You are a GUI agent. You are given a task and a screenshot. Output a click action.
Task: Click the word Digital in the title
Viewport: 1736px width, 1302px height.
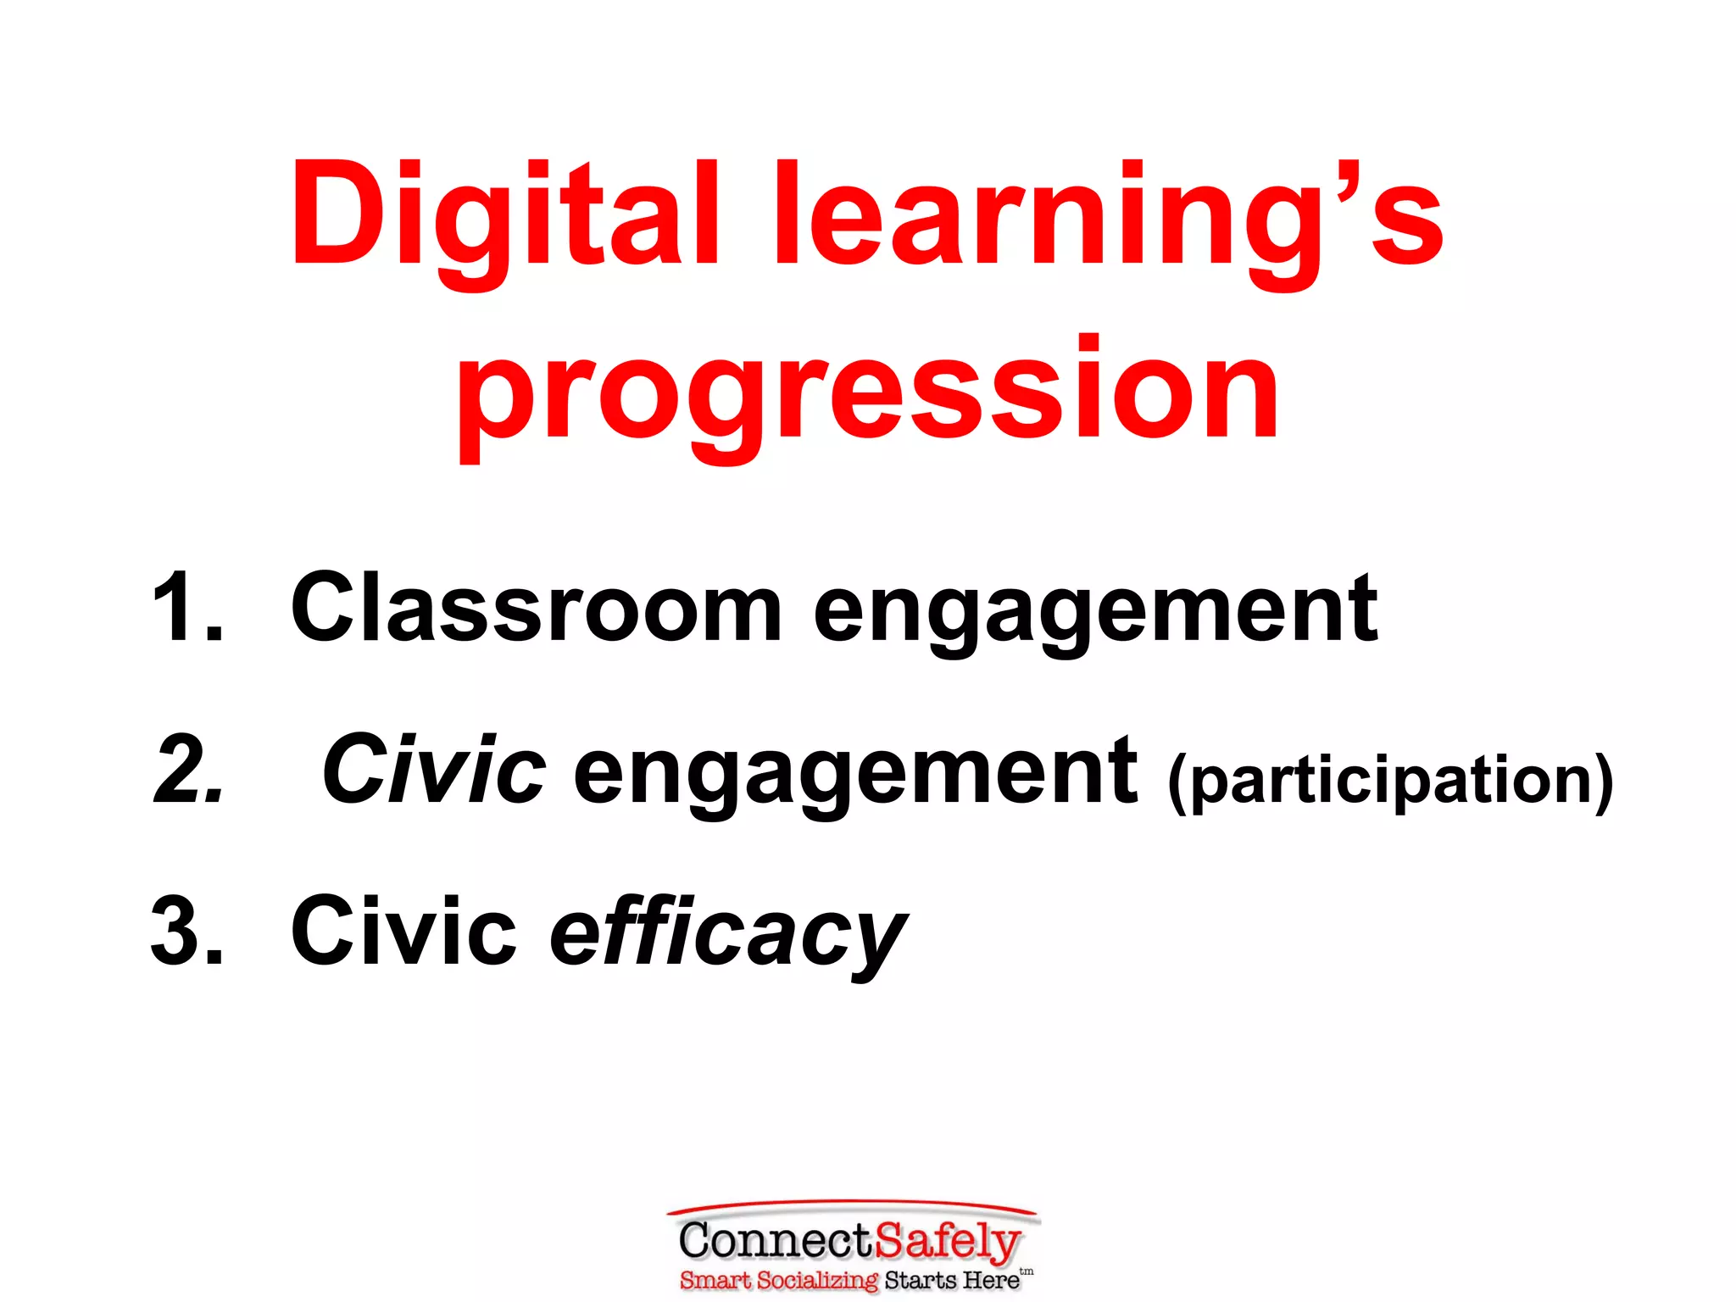(504, 216)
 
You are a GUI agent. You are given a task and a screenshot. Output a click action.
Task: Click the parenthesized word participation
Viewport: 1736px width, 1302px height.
(1390, 780)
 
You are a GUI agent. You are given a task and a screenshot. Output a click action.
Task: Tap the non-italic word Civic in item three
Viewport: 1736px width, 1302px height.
(403, 931)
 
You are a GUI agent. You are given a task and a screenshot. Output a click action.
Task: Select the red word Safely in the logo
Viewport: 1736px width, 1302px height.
(948, 1243)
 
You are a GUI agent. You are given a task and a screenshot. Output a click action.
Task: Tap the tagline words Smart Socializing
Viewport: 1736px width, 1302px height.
(778, 1280)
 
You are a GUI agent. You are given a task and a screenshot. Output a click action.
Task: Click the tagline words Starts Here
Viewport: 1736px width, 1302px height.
(951, 1280)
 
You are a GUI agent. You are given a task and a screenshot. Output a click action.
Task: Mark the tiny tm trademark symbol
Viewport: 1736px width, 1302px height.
(1027, 1271)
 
